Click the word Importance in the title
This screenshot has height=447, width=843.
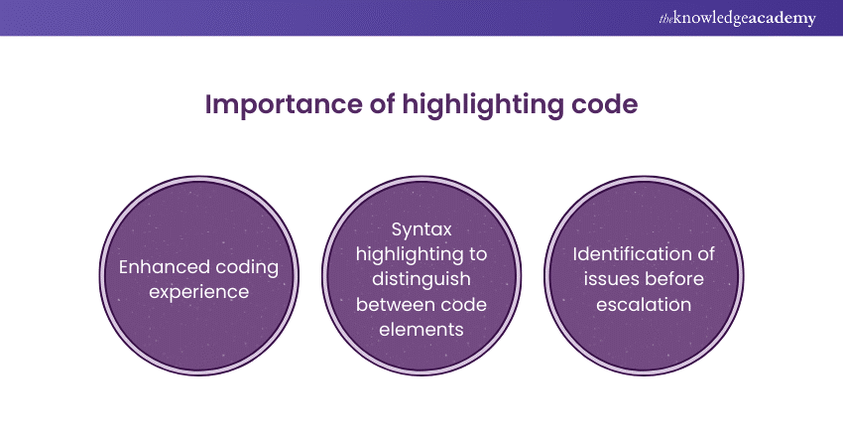pos(284,105)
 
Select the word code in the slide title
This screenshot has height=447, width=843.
pos(604,104)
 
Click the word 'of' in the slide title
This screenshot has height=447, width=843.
pos(382,104)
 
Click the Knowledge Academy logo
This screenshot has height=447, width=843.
pos(737,18)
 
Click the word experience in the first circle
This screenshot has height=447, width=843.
pos(199,293)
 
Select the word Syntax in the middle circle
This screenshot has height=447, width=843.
pos(421,230)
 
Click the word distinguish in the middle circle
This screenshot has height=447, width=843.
pos(421,280)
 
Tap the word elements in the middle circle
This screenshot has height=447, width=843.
pos(421,330)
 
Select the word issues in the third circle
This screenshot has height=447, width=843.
pos(610,279)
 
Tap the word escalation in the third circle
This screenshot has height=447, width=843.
pos(644,305)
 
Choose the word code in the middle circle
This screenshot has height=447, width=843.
pos(463,305)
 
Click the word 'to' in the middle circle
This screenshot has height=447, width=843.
pos(477,254)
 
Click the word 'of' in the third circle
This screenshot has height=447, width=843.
pos(705,254)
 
